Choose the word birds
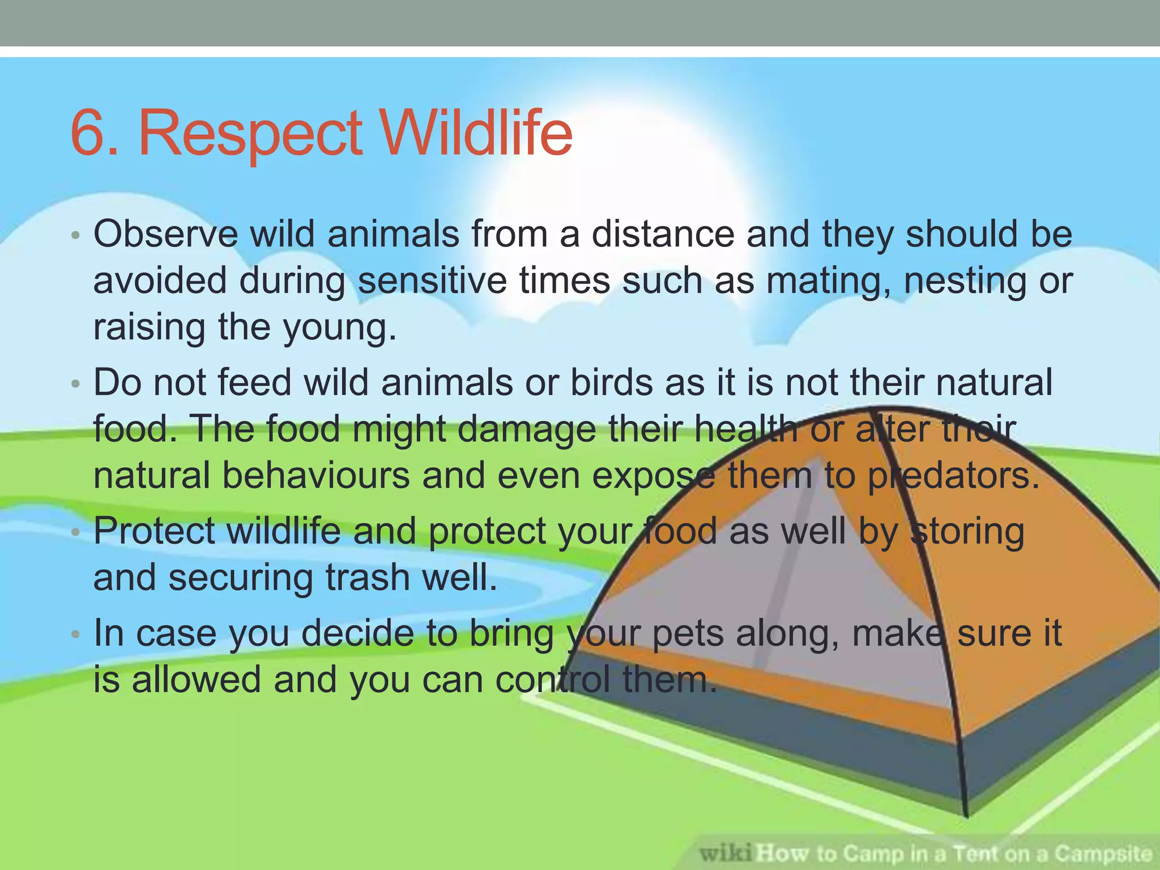click(611, 382)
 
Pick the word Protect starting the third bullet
click(154, 531)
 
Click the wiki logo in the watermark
click(726, 852)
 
